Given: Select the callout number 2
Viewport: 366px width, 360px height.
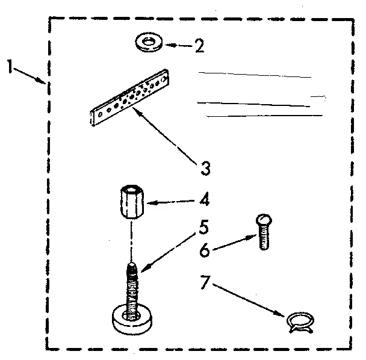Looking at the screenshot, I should pyautogui.click(x=199, y=46).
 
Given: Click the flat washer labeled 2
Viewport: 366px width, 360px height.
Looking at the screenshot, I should pyautogui.click(x=148, y=43).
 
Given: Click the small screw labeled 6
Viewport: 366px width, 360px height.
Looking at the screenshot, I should pyautogui.click(x=263, y=232).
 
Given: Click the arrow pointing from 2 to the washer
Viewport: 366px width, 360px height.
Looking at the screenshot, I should pyautogui.click(x=178, y=45).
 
